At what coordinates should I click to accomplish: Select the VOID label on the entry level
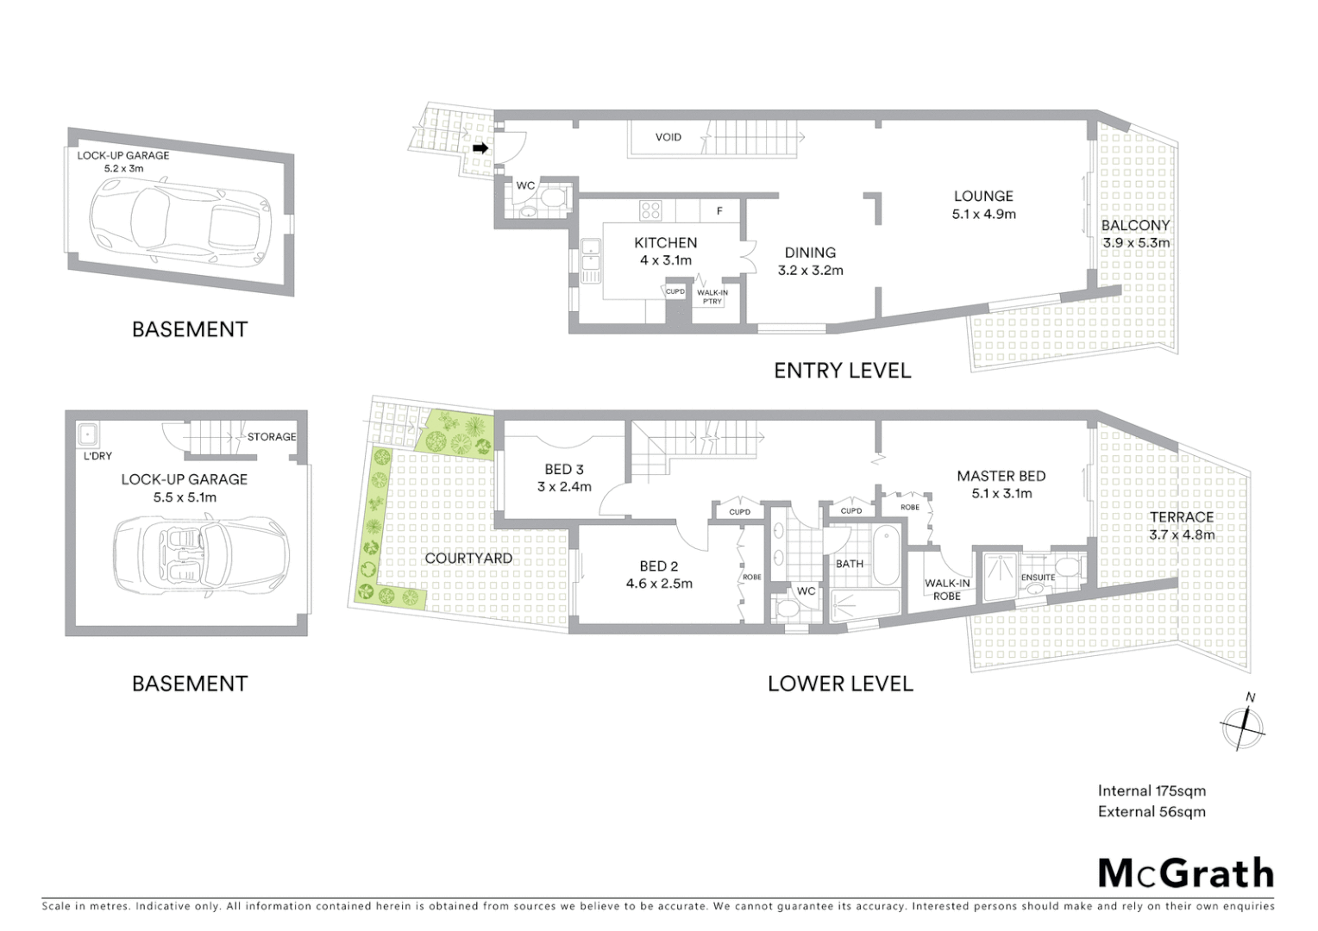pyautogui.click(x=668, y=137)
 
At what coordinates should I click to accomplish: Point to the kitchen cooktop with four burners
pyautogui.click(x=651, y=209)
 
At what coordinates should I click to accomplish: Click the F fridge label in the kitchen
pyautogui.click(x=719, y=211)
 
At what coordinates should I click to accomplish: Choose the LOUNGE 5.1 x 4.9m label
pyautogui.click(x=983, y=205)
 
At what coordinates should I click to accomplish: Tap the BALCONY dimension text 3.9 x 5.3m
pyautogui.click(x=1136, y=243)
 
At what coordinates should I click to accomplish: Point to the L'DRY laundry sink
pyautogui.click(x=87, y=434)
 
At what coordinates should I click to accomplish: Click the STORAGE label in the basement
pyautogui.click(x=271, y=437)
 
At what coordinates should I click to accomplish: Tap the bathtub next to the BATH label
pyautogui.click(x=885, y=559)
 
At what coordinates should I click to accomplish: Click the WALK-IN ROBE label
pyautogui.click(x=947, y=590)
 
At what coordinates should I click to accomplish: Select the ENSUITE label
pyautogui.click(x=1038, y=577)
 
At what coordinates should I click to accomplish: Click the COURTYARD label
pyautogui.click(x=468, y=559)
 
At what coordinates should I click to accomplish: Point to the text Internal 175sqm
pyautogui.click(x=1152, y=790)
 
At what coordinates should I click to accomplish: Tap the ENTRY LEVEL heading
pyautogui.click(x=842, y=371)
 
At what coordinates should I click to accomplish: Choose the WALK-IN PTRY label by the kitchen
pyautogui.click(x=712, y=297)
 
